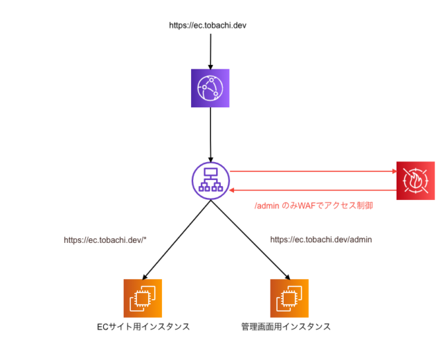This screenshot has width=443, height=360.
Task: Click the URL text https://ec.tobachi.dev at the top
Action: click(208, 26)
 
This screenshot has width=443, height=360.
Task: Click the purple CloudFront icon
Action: click(210, 88)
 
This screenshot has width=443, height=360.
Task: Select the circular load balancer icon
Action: click(210, 179)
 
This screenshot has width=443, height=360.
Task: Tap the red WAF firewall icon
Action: click(415, 180)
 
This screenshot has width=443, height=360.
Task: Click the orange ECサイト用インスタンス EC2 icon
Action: click(143, 298)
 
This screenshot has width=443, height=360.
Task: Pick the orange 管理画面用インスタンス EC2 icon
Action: click(289, 298)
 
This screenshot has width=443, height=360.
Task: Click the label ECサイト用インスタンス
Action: click(144, 327)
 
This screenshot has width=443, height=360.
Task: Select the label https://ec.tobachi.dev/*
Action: click(105, 240)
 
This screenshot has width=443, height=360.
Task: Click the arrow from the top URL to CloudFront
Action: click(210, 48)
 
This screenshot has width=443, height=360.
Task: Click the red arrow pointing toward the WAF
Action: click(311, 170)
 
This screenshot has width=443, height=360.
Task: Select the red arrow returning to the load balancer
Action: click(311, 189)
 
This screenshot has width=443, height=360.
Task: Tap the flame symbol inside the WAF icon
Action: click(415, 181)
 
